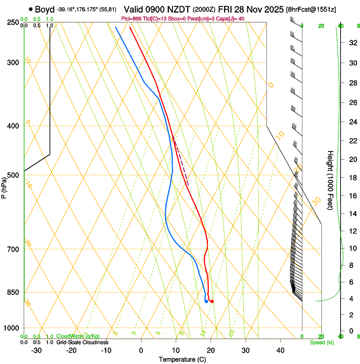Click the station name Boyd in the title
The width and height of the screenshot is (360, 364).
(x=44, y=9)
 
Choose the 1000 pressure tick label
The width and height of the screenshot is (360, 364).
(x=12, y=328)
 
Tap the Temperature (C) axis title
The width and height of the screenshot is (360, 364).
(x=182, y=359)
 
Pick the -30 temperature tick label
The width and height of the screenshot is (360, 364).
(x=36, y=350)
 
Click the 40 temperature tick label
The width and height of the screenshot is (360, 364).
(x=280, y=350)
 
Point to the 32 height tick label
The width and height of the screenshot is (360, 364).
(x=352, y=43)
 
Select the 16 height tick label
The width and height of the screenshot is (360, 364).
(x=352, y=196)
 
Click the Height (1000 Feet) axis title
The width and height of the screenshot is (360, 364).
(x=330, y=180)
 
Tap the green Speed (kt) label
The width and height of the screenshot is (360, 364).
(x=321, y=342)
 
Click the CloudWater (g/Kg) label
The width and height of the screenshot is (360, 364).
(x=74, y=336)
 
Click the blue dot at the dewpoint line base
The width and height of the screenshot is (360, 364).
(x=206, y=302)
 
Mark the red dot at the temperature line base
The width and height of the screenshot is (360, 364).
(x=212, y=301)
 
